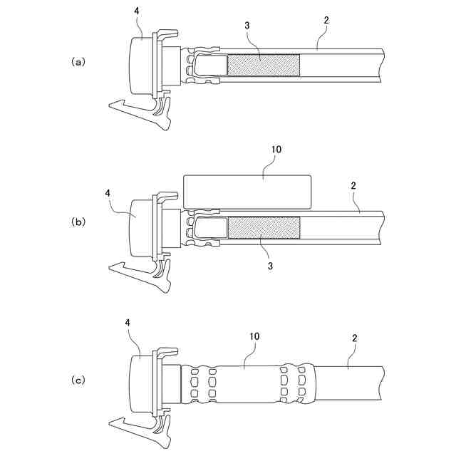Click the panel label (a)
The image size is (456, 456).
(x=78, y=62)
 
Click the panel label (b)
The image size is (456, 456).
(x=78, y=222)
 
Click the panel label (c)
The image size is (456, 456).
(x=78, y=380)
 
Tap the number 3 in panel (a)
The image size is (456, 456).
(x=247, y=26)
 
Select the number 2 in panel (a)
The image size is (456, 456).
(x=326, y=21)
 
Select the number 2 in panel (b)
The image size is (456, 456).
(x=353, y=185)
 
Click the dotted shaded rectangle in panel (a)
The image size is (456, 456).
(x=263, y=66)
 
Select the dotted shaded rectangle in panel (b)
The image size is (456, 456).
(x=263, y=228)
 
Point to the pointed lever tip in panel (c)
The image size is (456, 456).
(x=112, y=425)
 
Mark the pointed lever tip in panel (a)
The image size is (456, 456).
(x=112, y=106)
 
